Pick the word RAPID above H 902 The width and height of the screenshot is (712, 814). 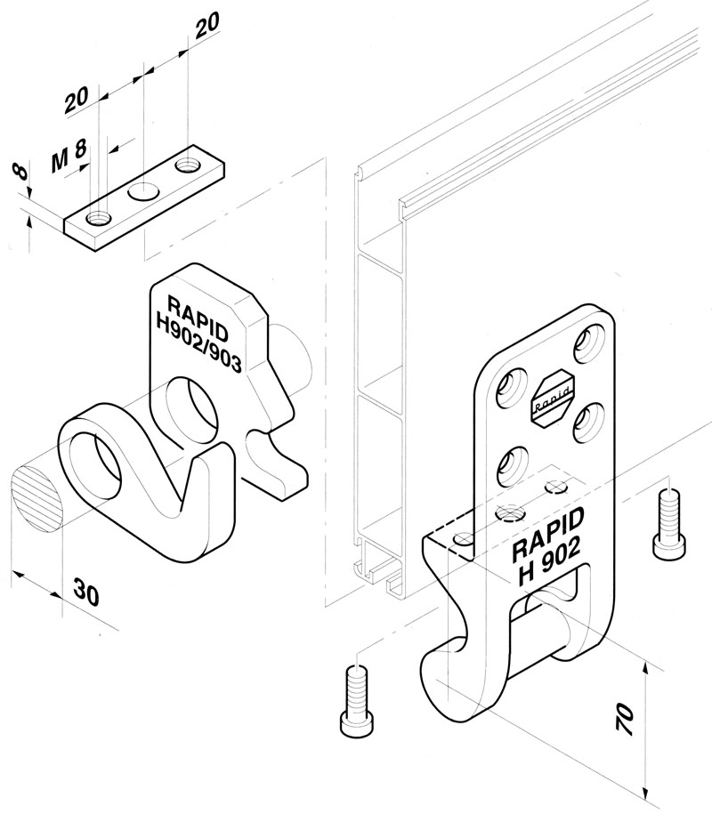546,532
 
